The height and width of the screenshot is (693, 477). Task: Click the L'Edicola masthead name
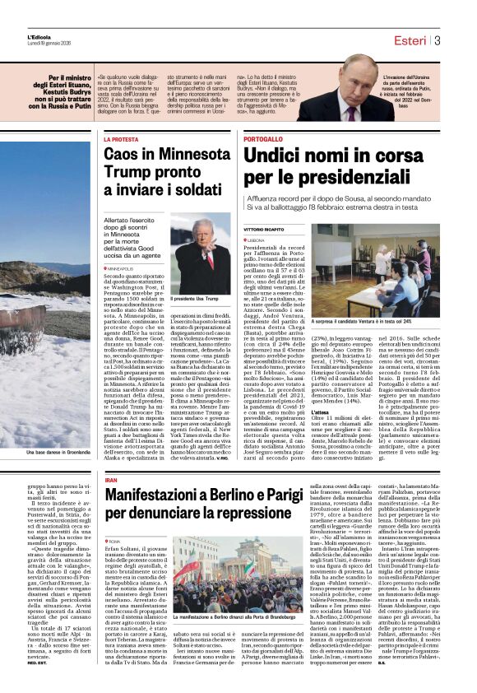[39, 36]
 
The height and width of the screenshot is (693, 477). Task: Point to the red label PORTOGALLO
[263, 139]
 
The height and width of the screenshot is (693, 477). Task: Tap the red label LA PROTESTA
[121, 139]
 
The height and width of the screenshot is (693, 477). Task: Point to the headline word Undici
[278, 156]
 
